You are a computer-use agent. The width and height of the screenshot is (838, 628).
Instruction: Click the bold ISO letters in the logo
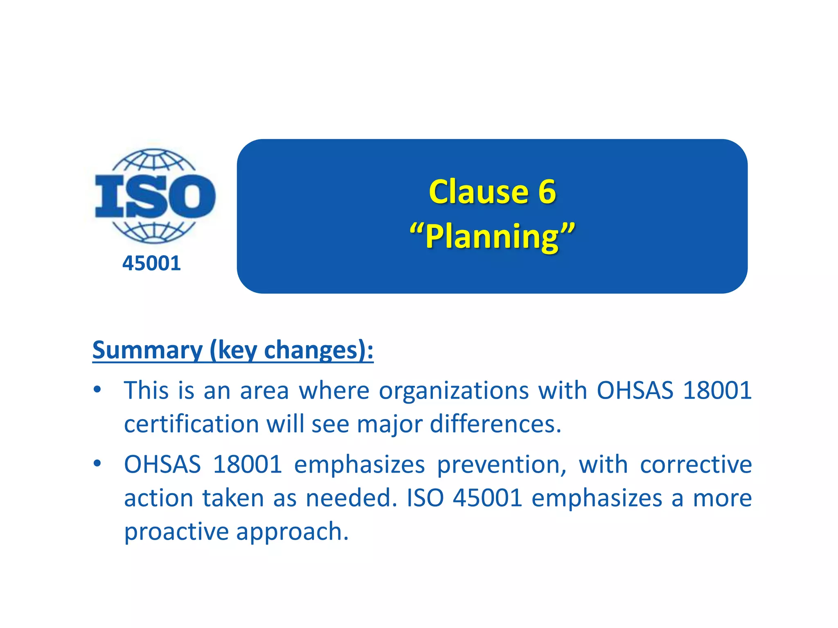click(x=155, y=196)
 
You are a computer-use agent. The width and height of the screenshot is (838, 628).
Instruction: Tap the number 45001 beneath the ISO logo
click(x=151, y=263)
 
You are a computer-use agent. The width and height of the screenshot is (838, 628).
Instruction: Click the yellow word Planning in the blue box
click(x=492, y=236)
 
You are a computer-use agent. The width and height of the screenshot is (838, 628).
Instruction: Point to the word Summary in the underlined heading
click(x=147, y=350)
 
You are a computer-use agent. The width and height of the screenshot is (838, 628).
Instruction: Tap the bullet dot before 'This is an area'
click(x=97, y=390)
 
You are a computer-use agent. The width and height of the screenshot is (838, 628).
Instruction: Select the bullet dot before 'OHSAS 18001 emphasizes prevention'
click(x=97, y=464)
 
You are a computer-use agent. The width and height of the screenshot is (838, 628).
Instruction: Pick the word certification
click(x=191, y=424)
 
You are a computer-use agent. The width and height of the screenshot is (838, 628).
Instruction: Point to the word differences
click(x=495, y=424)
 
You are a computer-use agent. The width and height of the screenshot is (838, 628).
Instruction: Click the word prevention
click(x=502, y=465)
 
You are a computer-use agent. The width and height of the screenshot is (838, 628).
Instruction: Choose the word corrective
click(x=696, y=465)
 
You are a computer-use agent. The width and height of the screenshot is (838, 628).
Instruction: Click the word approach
click(x=292, y=532)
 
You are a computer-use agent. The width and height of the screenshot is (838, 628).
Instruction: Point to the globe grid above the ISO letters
click(x=154, y=161)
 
